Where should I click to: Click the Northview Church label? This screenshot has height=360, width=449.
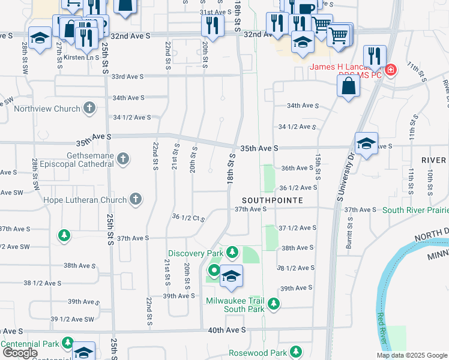pyautogui.click(x=47, y=109)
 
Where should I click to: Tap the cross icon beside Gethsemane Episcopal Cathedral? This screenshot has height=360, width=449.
pyautogui.click(x=123, y=158)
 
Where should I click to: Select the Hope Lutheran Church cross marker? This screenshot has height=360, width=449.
pyautogui.click(x=136, y=199)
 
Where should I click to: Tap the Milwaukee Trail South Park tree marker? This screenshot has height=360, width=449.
pyautogui.click(x=274, y=304)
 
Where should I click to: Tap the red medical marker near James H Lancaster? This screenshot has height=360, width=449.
pyautogui.click(x=390, y=70)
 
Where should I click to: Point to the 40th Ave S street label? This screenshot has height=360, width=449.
pyautogui.click(x=228, y=330)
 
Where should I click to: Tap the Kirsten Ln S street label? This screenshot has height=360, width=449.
pyautogui.click(x=84, y=57)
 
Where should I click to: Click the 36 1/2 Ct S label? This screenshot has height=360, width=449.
pyautogui.click(x=188, y=217)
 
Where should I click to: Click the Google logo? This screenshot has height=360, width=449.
pyautogui.click(x=20, y=353)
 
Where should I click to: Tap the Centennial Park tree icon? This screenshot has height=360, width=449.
pyautogui.click(x=68, y=343)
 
